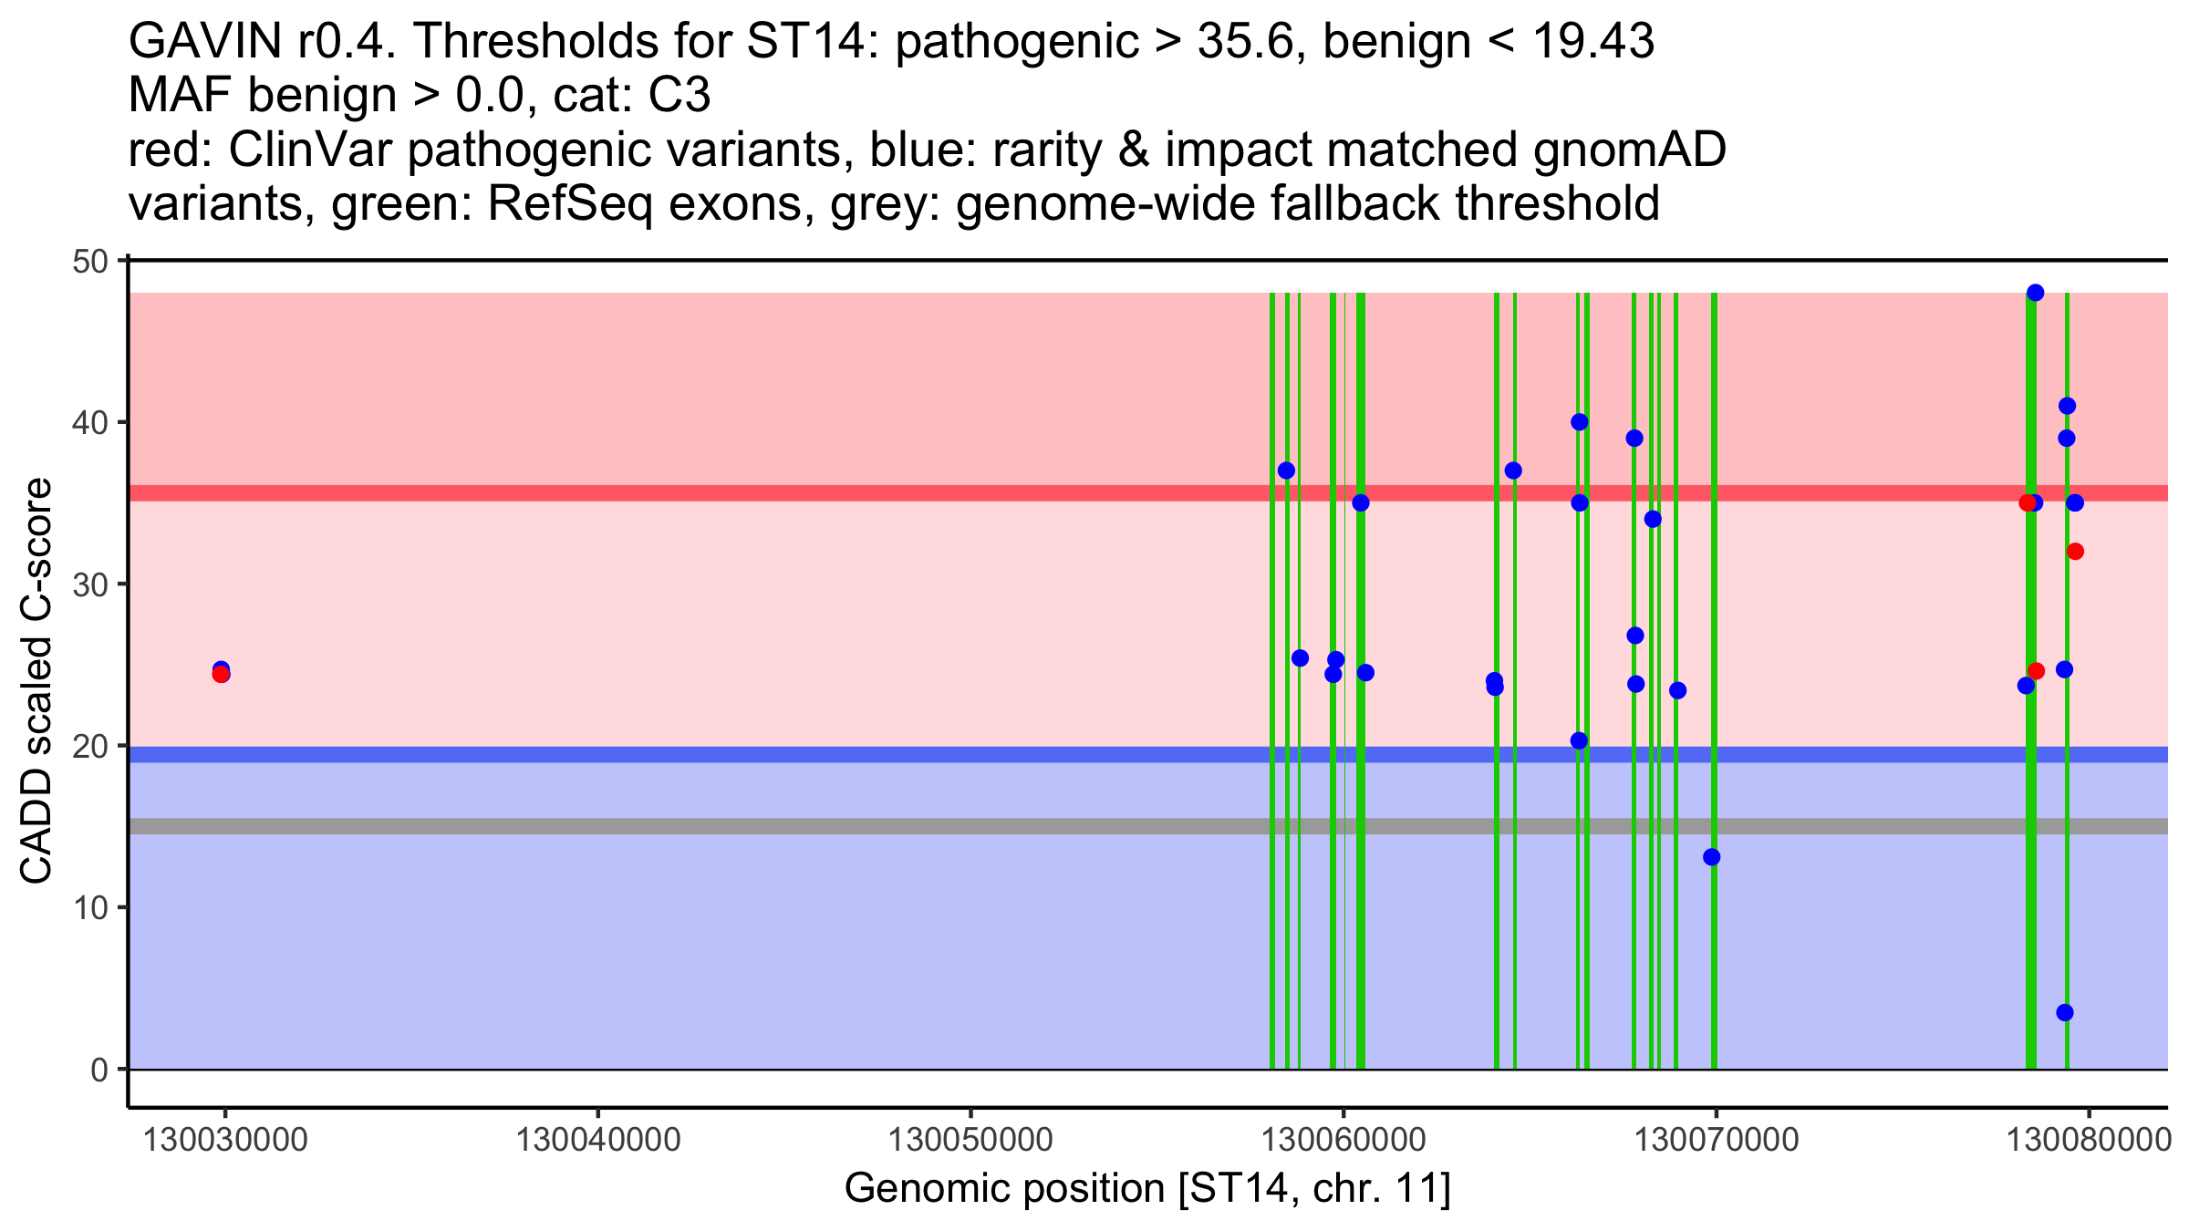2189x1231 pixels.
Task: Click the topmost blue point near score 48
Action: click(x=2035, y=293)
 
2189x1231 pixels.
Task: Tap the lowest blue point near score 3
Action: click(x=2065, y=1012)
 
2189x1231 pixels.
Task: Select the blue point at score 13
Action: click(x=1712, y=857)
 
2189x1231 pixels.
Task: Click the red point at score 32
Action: click(x=2075, y=552)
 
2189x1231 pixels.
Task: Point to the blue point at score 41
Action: click(x=2067, y=406)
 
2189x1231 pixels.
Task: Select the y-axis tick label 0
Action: click(x=99, y=1070)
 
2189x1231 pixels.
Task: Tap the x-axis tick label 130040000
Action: click(x=598, y=1140)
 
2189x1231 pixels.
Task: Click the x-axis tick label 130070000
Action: click(x=1716, y=1140)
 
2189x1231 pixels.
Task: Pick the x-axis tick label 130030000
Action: click(x=225, y=1140)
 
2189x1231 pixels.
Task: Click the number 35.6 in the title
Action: click(x=1249, y=41)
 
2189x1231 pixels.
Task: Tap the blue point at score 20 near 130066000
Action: click(x=1579, y=740)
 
